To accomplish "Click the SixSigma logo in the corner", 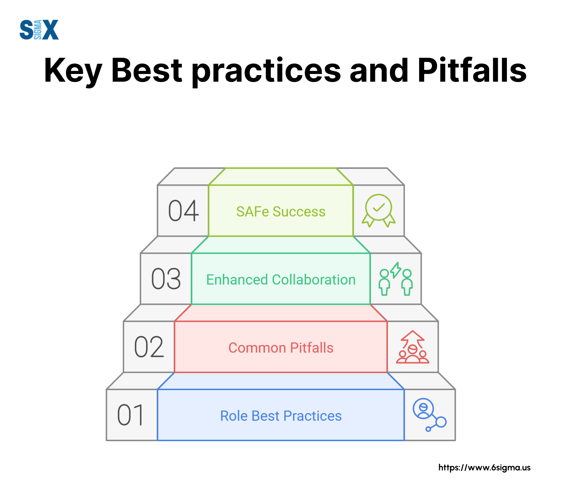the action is coord(39,30).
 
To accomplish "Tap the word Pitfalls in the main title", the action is coord(472,70).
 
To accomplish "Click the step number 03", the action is coord(166,279).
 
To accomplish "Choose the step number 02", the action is coord(149,347).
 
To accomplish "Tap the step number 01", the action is coord(130,415).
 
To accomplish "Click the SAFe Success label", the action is coord(281,211).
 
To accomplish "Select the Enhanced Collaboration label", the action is coord(281,280).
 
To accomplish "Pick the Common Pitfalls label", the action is coord(281,348).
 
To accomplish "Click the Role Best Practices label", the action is coord(281,416).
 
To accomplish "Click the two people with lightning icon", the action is coord(396,279).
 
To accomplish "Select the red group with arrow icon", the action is coord(413,347).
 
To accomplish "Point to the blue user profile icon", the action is coord(429,415).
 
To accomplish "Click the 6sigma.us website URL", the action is coord(484,467).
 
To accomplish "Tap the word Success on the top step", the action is coord(299,211).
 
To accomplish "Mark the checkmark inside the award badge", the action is coord(379,207).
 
